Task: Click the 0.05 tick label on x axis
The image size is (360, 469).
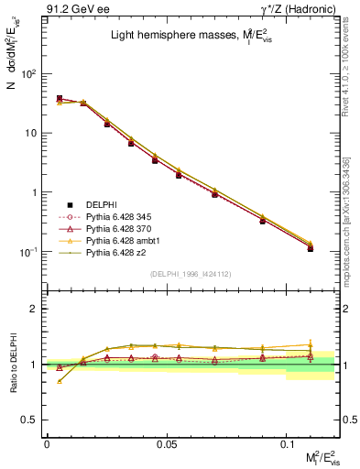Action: click(166, 443)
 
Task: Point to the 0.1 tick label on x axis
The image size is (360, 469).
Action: click(286, 443)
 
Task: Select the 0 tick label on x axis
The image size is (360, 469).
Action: click(47, 443)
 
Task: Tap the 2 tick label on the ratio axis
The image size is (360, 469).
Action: click(35, 310)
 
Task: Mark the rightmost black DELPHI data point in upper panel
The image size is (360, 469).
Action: click(311, 248)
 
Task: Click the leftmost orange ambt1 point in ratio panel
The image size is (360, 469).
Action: click(60, 381)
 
